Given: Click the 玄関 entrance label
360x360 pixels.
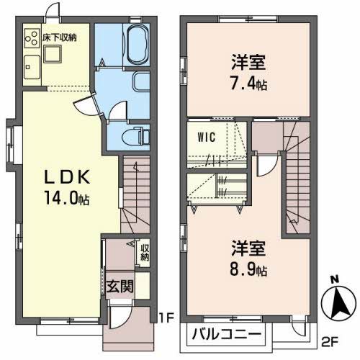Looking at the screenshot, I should (120, 285).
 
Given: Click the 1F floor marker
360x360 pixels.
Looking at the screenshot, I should (166, 316).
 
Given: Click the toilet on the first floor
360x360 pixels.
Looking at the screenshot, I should (135, 135).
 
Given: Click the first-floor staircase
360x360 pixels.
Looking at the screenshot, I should (133, 192).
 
